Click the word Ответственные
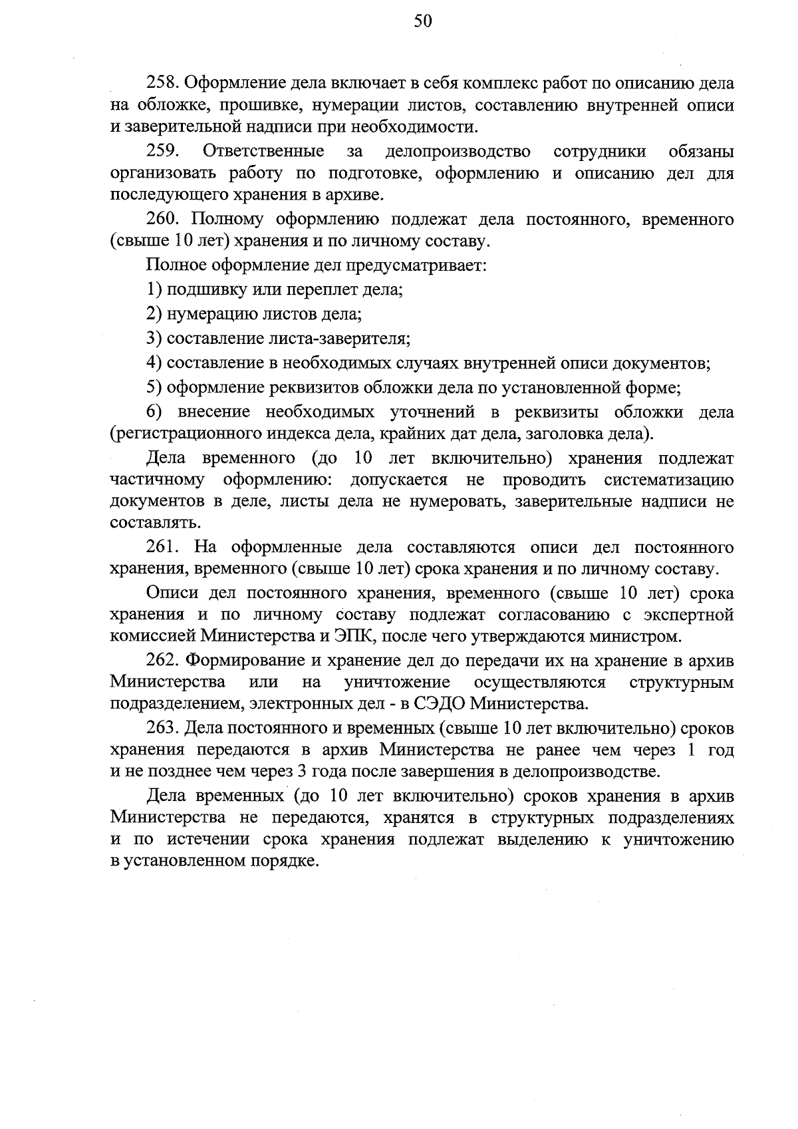[x=263, y=151]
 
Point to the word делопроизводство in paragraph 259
[x=458, y=151]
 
